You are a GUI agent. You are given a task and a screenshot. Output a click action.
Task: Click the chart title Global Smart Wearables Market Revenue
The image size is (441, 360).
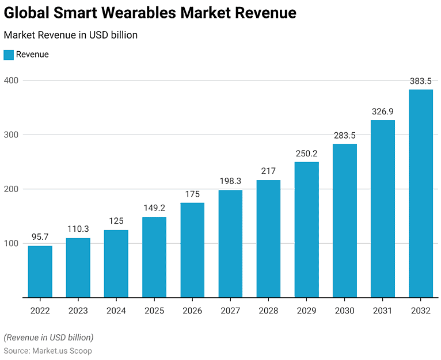tap(150, 13)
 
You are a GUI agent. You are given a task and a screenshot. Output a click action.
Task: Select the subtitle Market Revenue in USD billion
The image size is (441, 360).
tap(70, 35)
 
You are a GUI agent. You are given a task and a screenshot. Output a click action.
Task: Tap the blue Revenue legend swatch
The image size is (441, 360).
tap(9, 55)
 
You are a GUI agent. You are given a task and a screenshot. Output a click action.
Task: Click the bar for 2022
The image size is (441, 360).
tap(40, 271)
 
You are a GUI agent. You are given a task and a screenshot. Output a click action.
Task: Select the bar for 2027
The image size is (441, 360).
tap(230, 244)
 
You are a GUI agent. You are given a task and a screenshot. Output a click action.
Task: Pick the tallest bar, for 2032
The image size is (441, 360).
tap(421, 193)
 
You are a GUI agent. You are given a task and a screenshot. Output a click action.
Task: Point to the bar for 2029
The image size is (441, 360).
tap(306, 229)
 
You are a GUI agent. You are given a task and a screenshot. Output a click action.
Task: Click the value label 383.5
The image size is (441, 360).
tap(421, 81)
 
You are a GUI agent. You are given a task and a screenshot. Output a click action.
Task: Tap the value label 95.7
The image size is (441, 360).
tap(40, 238)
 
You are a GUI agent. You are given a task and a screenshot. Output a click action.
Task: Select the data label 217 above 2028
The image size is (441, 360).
tap(268, 171)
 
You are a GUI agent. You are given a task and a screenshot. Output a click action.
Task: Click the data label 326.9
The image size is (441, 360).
tap(383, 112)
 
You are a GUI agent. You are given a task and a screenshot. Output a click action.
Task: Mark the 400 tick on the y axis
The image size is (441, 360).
tap(11, 81)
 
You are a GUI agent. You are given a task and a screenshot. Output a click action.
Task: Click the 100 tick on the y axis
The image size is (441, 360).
tap(11, 243)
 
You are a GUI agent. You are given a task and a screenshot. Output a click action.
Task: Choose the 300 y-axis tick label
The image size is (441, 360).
tap(11, 135)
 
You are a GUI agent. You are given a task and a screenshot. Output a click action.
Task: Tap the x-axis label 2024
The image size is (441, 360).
tap(116, 311)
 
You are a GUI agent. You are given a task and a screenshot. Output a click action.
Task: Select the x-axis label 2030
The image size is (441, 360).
tap(345, 311)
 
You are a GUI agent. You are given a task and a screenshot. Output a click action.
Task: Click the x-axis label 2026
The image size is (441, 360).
tap(192, 311)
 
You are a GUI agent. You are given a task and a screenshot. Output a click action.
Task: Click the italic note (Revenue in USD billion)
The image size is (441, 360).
tap(48, 337)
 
